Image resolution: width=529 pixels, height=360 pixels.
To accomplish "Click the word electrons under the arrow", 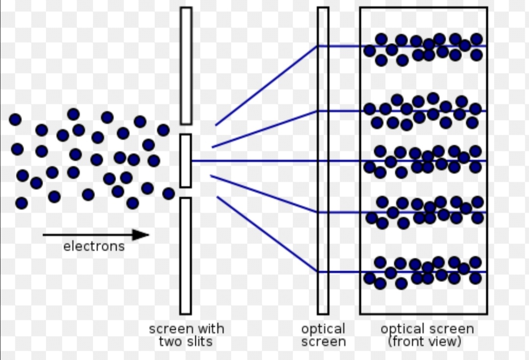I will [x=94, y=246].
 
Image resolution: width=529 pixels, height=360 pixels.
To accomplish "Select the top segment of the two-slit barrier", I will [x=186, y=66].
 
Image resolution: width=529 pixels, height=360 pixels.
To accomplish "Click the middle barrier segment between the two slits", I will [x=185, y=161].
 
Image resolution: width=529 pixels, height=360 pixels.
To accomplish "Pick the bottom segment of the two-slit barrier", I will [x=185, y=255].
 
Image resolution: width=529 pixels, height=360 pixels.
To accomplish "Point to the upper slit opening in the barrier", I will [x=186, y=129].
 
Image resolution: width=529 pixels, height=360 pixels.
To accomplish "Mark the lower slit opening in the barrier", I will [x=186, y=192].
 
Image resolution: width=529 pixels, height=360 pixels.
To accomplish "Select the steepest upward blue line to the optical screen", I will [x=266, y=86].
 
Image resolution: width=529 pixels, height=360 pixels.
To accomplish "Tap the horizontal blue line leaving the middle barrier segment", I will [x=255, y=161].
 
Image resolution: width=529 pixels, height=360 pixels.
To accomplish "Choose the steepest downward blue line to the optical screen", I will [x=266, y=234].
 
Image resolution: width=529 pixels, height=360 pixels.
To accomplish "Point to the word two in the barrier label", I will [x=170, y=341].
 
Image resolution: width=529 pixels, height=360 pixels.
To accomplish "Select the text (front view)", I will [x=424, y=341].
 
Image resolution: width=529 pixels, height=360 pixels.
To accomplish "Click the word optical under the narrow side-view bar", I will [x=323, y=329].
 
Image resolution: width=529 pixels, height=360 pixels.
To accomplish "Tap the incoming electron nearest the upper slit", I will [x=163, y=130].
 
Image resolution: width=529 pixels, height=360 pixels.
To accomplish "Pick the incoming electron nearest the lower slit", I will [x=168, y=193].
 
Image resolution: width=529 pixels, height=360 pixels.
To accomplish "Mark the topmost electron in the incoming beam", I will [x=73, y=114].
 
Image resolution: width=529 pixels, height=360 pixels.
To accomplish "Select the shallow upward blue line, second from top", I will [x=264, y=129].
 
